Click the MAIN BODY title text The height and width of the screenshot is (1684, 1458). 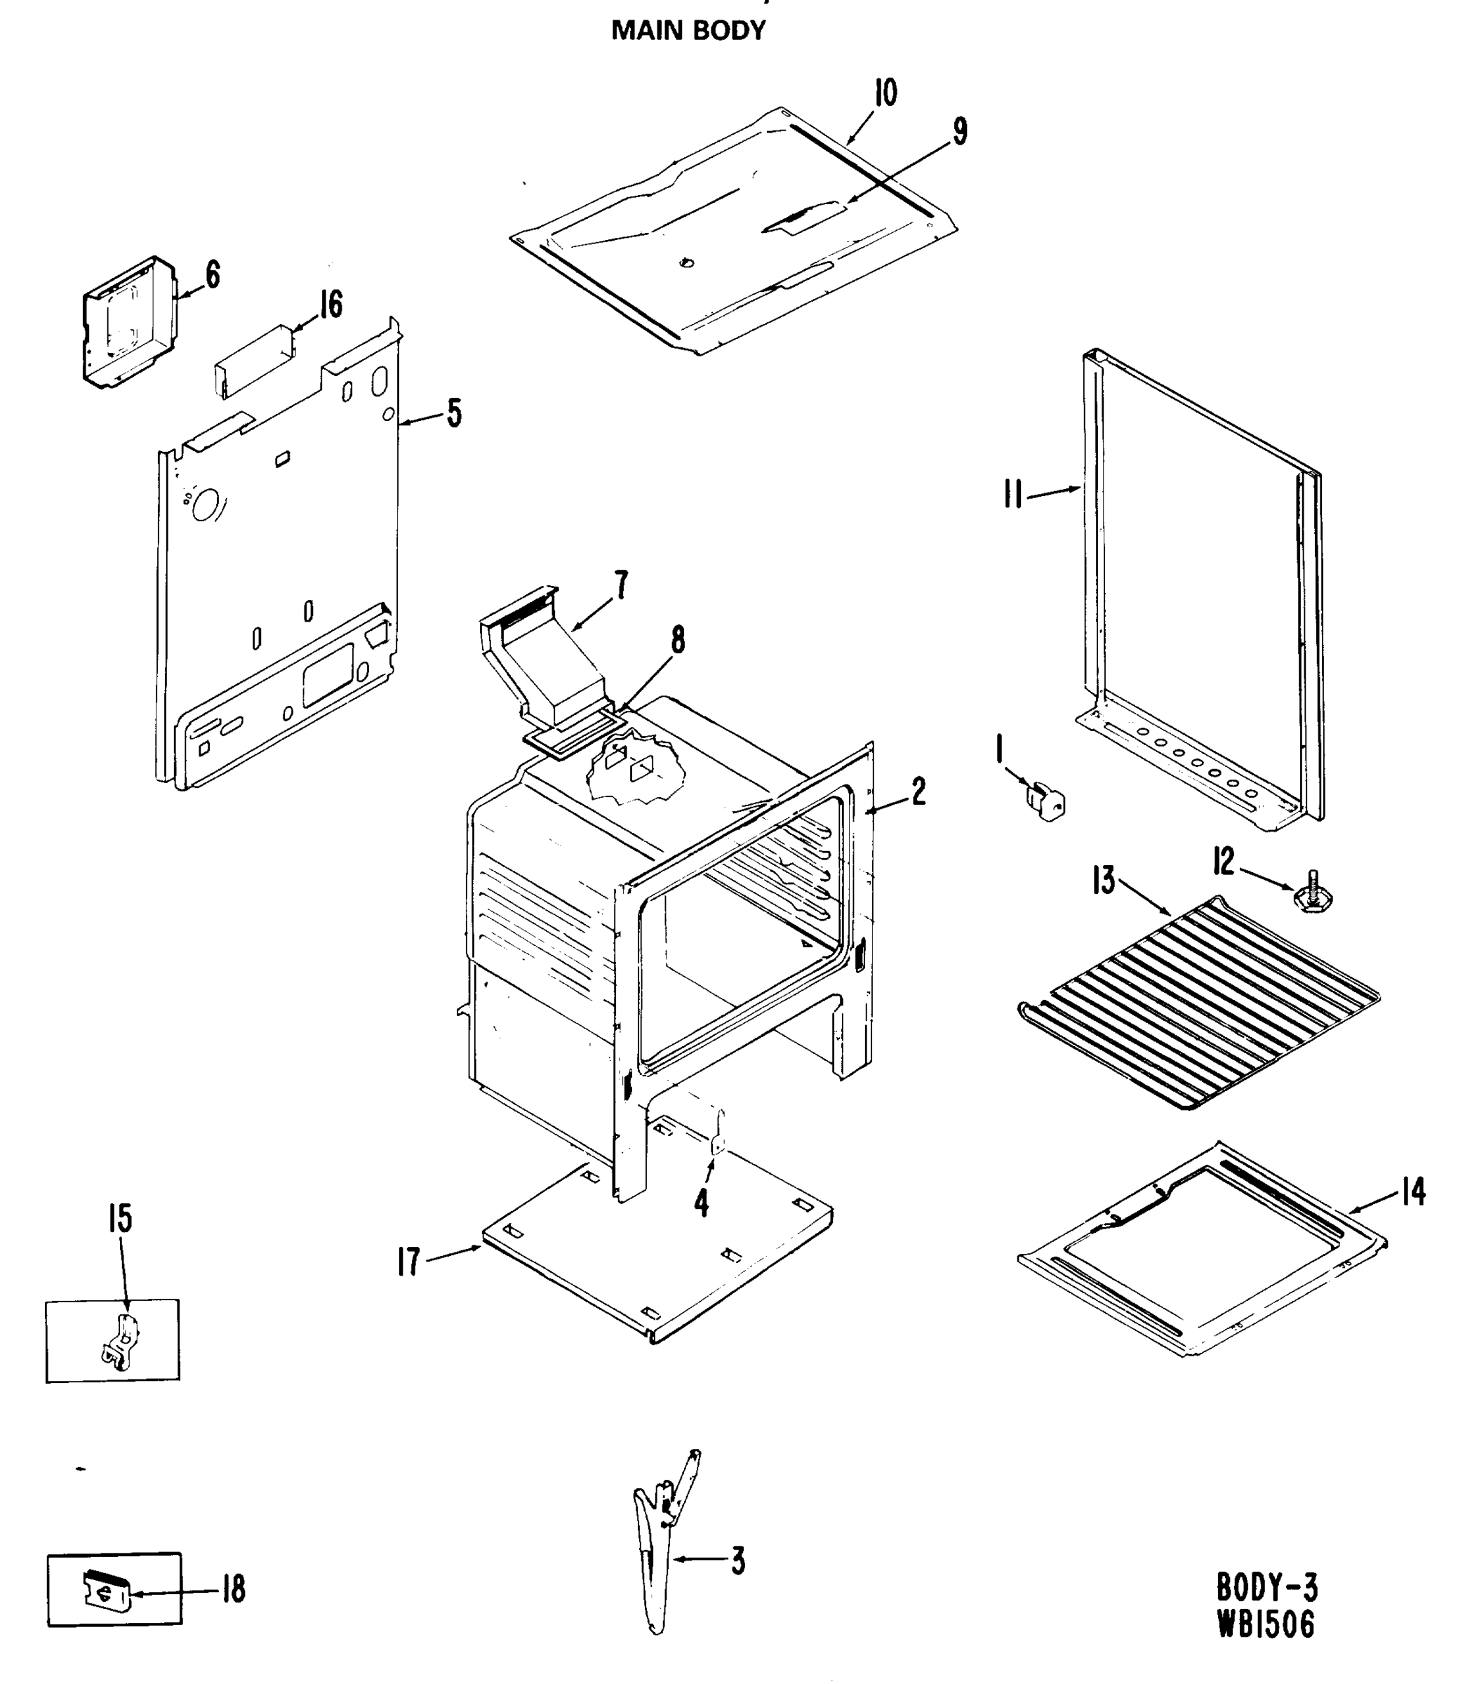[x=688, y=31]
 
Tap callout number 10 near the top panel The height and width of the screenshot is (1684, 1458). [x=885, y=93]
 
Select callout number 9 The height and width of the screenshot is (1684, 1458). [x=960, y=132]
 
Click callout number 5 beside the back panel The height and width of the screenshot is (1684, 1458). [x=454, y=413]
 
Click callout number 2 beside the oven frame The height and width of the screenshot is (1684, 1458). [x=918, y=791]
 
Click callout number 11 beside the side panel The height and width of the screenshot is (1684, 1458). [x=1013, y=495]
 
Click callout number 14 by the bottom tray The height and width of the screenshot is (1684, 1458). [x=1414, y=1193]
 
